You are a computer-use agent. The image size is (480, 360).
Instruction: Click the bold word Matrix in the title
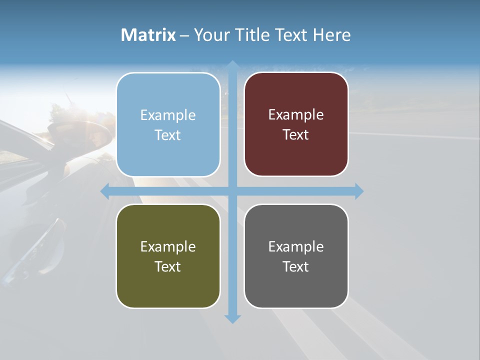[148, 35]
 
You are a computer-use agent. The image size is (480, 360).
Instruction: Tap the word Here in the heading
[332, 35]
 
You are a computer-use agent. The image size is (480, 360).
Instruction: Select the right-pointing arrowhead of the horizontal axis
[358, 191]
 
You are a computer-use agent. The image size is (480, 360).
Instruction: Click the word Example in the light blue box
[168, 115]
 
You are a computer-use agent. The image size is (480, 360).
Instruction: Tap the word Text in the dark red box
[296, 135]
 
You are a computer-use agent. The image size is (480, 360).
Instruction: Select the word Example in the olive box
[168, 247]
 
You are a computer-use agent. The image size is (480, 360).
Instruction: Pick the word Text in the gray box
[296, 266]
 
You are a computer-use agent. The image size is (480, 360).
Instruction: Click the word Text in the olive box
[168, 266]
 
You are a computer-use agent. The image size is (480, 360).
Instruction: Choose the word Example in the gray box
[296, 247]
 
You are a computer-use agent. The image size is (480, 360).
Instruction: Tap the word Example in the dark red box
[296, 115]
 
